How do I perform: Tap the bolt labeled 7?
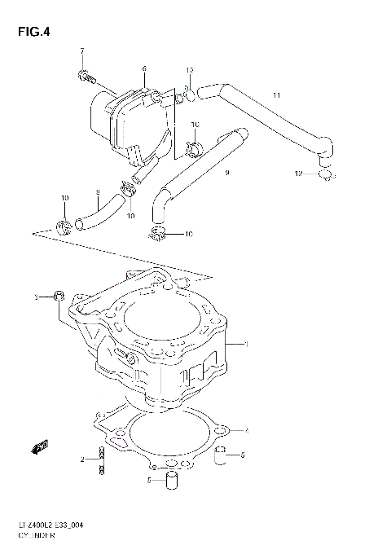point(86,77)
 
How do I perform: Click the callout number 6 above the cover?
point(143,68)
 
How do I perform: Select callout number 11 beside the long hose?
point(276,95)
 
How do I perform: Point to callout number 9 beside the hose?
point(226,173)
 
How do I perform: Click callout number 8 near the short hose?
point(96,193)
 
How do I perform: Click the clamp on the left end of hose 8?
point(64,224)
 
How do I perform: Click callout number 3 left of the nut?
point(35,297)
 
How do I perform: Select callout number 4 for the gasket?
point(246,430)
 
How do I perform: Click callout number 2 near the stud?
point(82,461)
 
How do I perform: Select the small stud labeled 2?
point(101,461)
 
